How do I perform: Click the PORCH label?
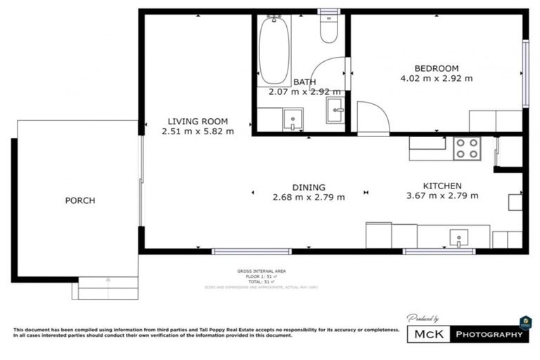(79, 200)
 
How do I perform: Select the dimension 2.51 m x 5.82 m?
(198, 131)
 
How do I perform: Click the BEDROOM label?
(436, 67)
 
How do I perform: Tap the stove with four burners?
(466, 148)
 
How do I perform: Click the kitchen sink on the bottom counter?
(459, 238)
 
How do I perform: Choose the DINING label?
(309, 187)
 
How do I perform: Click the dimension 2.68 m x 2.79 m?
(309, 198)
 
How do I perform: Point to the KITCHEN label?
(442, 185)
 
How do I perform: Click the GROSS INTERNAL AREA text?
(262, 271)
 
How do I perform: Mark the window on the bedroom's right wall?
(525, 73)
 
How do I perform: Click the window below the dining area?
(251, 251)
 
